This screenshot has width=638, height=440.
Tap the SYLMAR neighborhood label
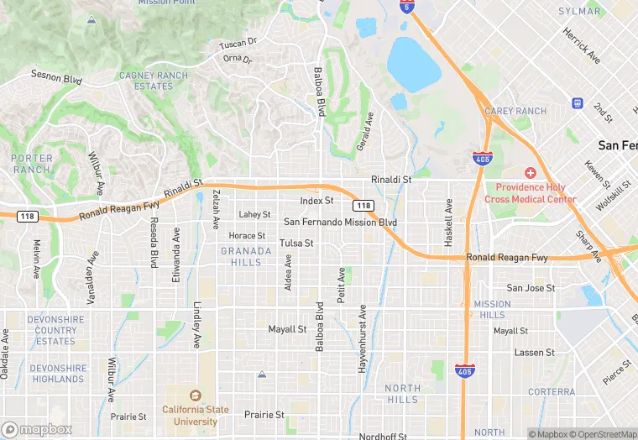tap(580, 12)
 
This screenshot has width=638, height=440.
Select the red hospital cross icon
tap(531, 173)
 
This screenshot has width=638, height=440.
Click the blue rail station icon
tap(578, 103)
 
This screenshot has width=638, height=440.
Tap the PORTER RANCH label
tap(32, 164)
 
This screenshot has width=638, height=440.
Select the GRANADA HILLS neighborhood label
tap(246, 256)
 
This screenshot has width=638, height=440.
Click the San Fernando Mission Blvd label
tap(340, 223)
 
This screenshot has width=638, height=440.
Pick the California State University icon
tap(196, 395)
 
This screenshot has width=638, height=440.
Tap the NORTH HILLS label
tap(403, 394)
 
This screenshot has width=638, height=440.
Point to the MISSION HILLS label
tap(491, 309)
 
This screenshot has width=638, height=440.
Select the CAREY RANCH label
tap(515, 112)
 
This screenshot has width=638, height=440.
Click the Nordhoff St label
tap(383, 436)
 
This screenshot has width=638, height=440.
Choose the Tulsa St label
tap(296, 244)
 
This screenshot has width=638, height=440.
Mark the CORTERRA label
tap(552, 392)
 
